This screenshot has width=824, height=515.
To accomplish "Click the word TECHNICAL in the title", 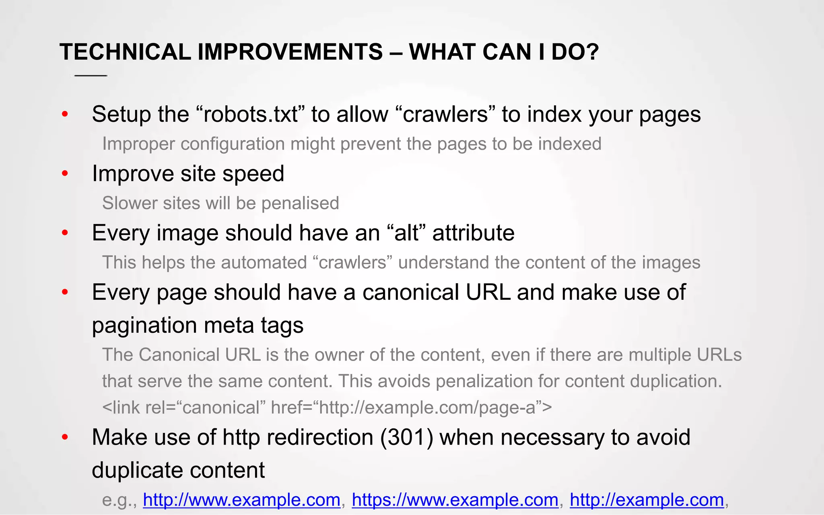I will click(x=125, y=52).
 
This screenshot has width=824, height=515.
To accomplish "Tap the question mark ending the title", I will click(x=591, y=52).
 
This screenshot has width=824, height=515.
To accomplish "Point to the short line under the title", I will click(x=91, y=76).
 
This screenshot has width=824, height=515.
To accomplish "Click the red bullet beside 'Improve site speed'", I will click(x=65, y=174).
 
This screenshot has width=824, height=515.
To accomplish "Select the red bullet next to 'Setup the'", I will click(x=65, y=115).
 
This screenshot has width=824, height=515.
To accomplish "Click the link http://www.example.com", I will click(x=241, y=500).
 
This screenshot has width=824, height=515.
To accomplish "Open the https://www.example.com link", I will click(x=455, y=500).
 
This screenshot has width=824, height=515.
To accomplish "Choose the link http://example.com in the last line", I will click(x=647, y=500).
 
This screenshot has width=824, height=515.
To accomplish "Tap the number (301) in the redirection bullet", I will click(x=407, y=437).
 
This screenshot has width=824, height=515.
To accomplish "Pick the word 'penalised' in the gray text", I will click(x=300, y=203).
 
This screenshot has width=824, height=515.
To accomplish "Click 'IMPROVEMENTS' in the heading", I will click(x=290, y=52).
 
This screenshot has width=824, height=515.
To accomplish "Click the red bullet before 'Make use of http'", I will click(x=65, y=437).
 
